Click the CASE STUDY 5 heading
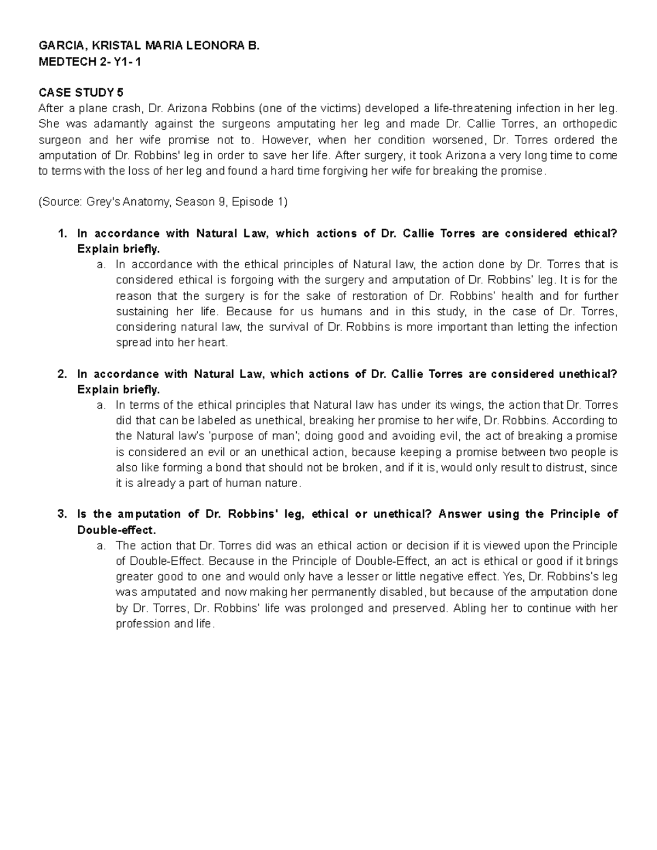click(81, 93)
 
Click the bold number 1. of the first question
click(62, 234)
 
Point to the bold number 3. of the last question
click(62, 514)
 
